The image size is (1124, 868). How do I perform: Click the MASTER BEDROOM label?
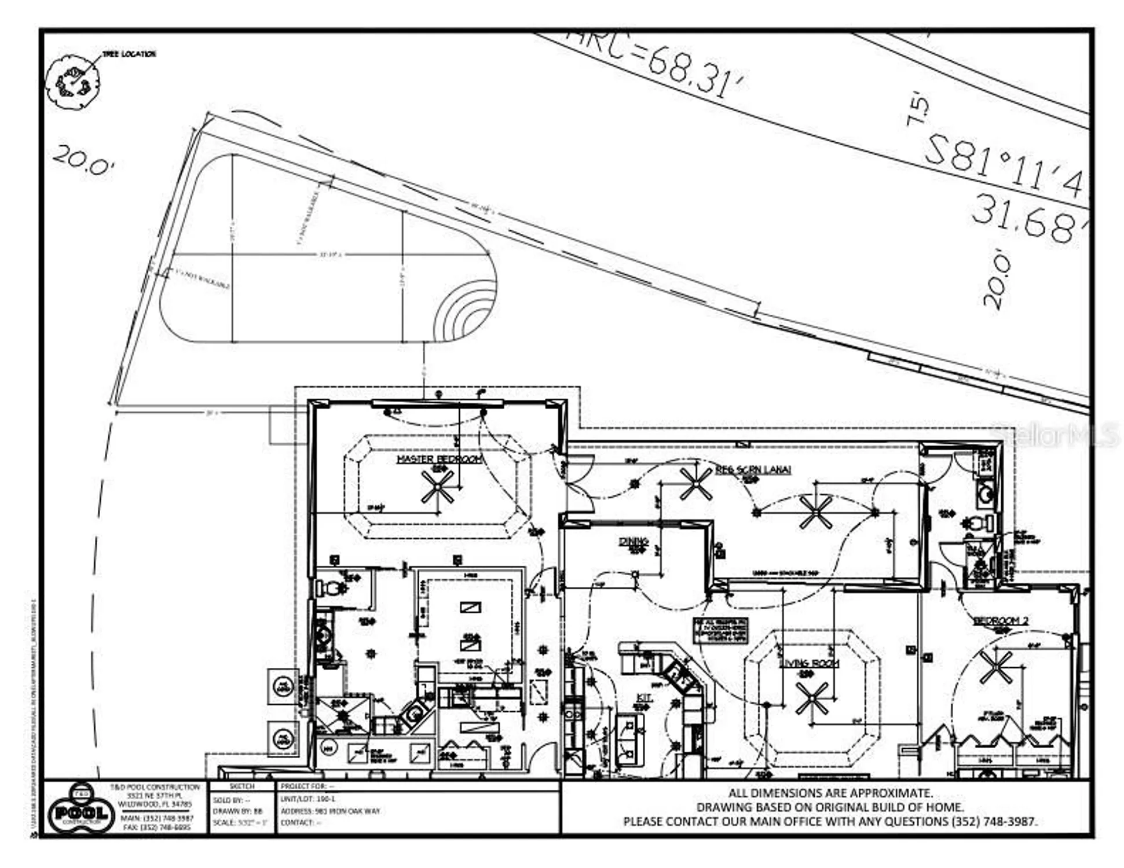439,459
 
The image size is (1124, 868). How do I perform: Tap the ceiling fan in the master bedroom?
437,487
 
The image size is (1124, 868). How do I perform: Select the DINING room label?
633,542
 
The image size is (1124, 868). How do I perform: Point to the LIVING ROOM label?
808,663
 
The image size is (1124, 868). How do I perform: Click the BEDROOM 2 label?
1001,620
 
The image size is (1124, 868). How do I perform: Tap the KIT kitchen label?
644,698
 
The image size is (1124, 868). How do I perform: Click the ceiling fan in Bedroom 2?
995,667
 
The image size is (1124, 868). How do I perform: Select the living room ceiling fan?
812,698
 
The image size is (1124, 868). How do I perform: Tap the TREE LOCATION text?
129,54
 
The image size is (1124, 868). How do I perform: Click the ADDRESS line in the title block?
331,811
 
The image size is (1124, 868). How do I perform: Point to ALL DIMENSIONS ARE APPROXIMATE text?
830,793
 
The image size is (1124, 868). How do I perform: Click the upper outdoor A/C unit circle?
283,687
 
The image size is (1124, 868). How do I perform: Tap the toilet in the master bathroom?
331,589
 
